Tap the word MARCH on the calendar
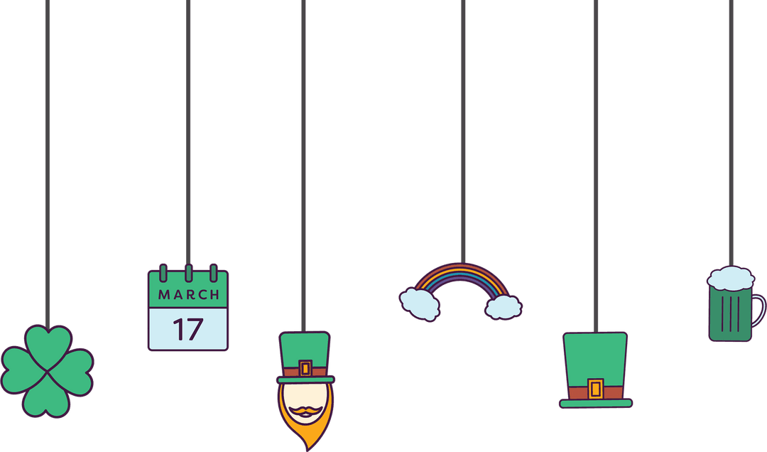click(x=188, y=294)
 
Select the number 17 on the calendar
click(x=188, y=329)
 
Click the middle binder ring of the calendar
click(x=188, y=272)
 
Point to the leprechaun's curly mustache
click(x=305, y=410)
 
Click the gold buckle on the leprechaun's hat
click(x=305, y=368)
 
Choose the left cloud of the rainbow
click(x=420, y=303)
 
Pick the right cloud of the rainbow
click(x=504, y=306)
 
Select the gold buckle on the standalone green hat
click(x=595, y=389)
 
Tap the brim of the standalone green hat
click(x=595, y=404)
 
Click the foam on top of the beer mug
click(x=730, y=277)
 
